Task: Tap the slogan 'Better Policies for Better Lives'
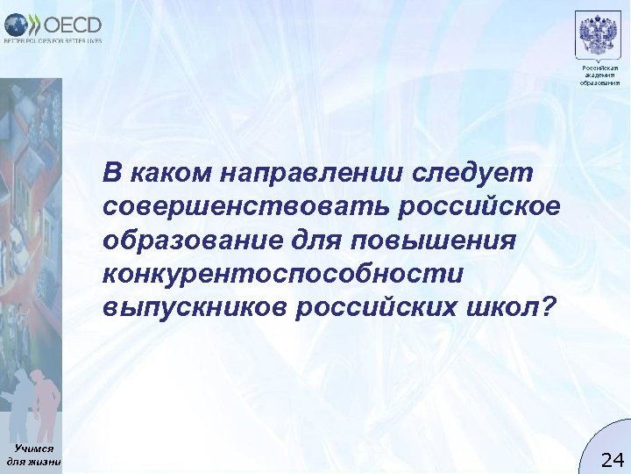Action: pos(53,40)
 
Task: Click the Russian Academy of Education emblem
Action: pos(599,35)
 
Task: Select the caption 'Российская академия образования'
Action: pos(599,75)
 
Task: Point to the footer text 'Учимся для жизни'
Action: pos(33,454)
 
